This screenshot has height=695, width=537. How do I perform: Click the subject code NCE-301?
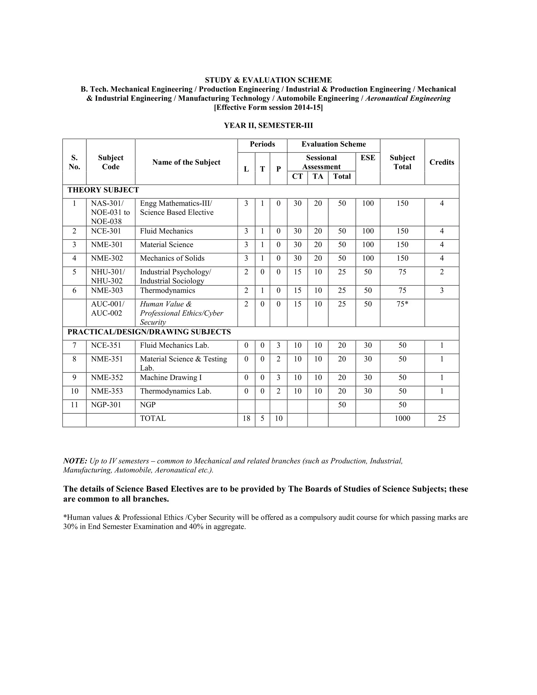[x=106, y=231]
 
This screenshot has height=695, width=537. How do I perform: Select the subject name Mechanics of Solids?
[x=172, y=258]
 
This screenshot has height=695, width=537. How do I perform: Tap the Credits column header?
[x=442, y=162]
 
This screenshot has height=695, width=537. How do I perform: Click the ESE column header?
[x=368, y=158]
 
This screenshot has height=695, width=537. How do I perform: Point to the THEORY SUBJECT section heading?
[x=103, y=190]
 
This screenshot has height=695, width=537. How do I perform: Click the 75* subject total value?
[x=402, y=304]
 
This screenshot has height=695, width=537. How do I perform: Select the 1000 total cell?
[x=402, y=418]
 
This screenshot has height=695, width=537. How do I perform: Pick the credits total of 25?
[x=442, y=418]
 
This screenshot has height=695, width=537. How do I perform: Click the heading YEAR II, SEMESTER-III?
[x=268, y=125]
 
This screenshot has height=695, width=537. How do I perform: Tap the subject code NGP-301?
[x=106, y=405]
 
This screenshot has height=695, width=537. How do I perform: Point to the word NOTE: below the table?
[x=75, y=461]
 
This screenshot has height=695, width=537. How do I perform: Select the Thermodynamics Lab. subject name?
[x=176, y=391]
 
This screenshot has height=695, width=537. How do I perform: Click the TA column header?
[x=318, y=176]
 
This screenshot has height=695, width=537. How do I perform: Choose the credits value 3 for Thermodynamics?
[x=442, y=291]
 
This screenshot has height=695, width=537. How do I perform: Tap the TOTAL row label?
[x=153, y=418]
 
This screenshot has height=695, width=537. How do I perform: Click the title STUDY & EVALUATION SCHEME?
[x=268, y=80]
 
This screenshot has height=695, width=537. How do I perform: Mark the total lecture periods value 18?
[x=246, y=418]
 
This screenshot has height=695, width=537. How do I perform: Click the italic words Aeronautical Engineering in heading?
[x=408, y=98]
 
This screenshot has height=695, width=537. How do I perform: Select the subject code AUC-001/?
[x=108, y=304]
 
